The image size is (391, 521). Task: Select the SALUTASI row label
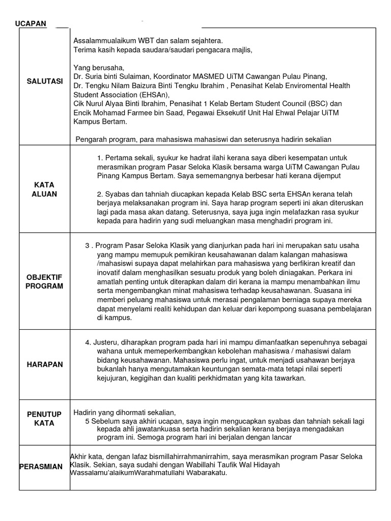(x=44, y=81)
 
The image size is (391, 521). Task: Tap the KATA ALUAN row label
(x=45, y=189)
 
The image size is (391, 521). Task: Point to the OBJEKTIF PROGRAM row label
(x=45, y=281)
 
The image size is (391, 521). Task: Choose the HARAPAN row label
(x=45, y=364)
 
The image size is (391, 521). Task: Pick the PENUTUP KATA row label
(x=45, y=419)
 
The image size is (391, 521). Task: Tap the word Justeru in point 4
(x=106, y=342)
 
